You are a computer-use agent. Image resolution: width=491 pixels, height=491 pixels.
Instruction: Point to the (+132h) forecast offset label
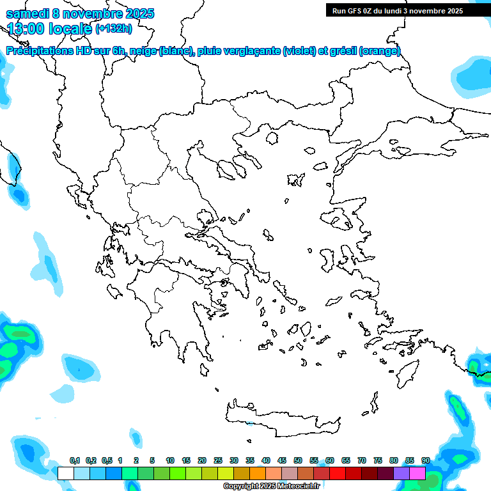point(114,28)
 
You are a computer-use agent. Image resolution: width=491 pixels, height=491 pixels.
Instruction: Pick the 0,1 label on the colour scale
point(74,461)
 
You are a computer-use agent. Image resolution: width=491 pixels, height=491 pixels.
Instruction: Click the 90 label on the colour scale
point(425,461)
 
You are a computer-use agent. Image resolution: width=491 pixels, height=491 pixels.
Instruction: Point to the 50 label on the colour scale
point(298,461)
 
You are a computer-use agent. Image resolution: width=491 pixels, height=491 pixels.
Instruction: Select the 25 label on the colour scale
point(218,461)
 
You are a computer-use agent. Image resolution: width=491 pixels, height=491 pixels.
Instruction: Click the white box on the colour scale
point(65,473)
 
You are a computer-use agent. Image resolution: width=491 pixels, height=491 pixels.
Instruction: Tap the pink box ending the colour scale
point(417,473)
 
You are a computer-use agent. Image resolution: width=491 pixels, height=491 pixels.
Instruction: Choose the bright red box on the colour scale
point(338,473)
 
